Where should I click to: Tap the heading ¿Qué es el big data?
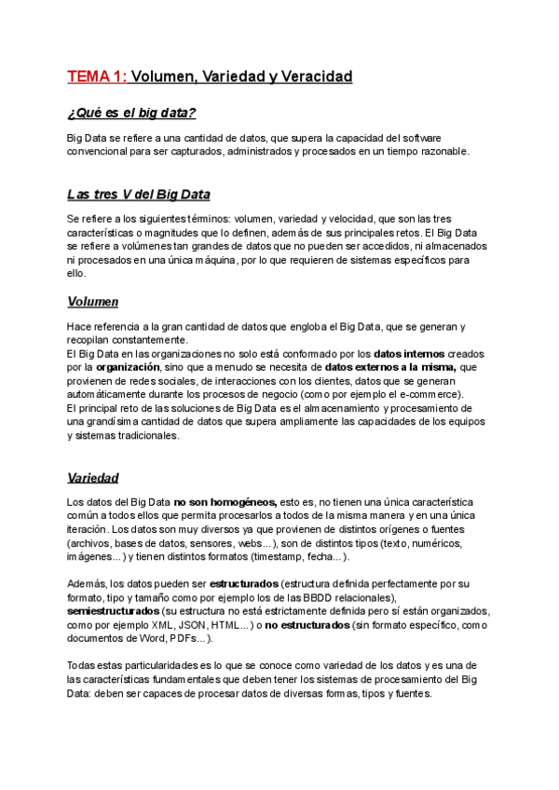(x=131, y=114)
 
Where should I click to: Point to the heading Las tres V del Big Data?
(x=138, y=195)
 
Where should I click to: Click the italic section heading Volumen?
(x=92, y=303)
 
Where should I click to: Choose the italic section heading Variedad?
(x=92, y=478)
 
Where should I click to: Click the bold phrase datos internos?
(x=409, y=354)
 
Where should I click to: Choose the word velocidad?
(x=349, y=218)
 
